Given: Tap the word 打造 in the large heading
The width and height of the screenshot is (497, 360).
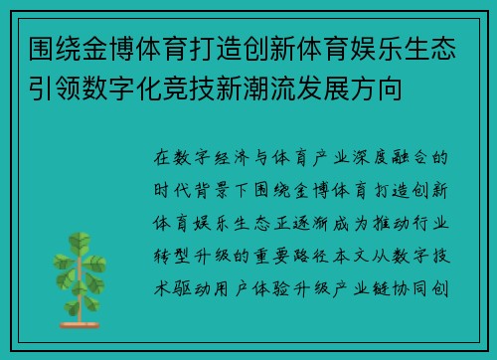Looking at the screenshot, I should [x=224, y=47].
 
